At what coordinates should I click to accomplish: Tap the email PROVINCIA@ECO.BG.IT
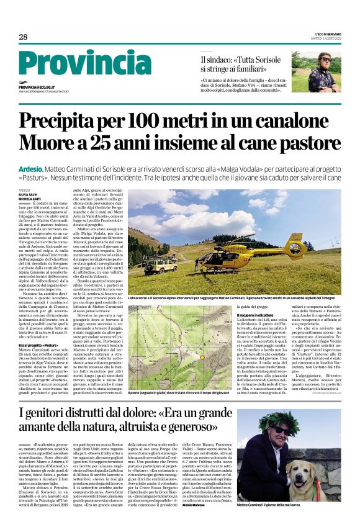37,88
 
